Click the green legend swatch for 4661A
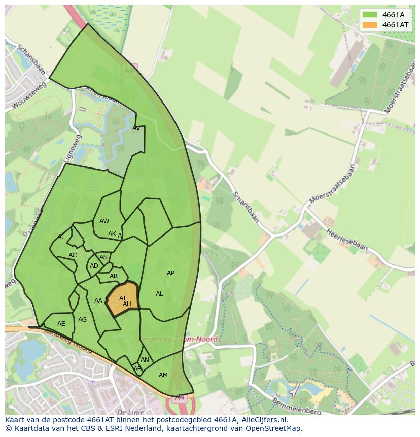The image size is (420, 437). tap(370, 15)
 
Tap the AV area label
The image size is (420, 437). tap(136, 128)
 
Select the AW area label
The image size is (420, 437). tap(104, 221)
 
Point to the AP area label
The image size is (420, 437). tap(170, 273)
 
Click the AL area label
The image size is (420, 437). tap(159, 294)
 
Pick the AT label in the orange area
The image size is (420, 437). tap(123, 298)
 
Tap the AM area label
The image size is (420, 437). tap(163, 375)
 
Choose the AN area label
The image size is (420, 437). tap(145, 360)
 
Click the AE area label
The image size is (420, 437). tap(61, 324)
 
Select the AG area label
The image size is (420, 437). tap(82, 320)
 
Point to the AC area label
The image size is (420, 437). tap(73, 255)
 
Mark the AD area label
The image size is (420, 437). tap(94, 266)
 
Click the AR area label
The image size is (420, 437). tap(114, 277)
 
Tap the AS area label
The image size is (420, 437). tap(103, 257)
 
